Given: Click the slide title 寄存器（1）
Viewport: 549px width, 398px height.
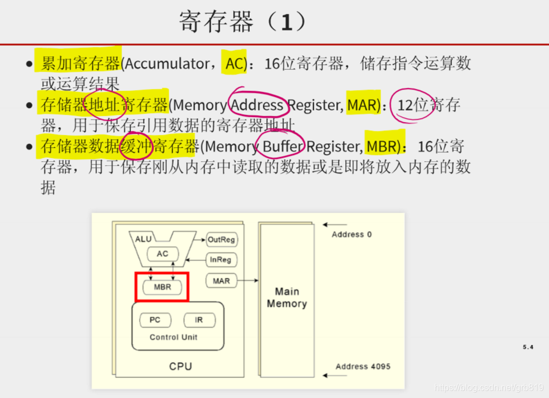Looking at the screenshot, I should pos(243,22).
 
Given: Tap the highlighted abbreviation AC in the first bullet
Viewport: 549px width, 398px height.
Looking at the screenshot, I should pos(235,64).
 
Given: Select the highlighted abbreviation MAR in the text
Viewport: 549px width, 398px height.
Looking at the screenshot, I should pos(363,105).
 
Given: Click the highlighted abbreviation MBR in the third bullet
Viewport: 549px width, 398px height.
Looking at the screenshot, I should pos(383,147).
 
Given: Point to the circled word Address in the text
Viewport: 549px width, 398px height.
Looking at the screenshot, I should pos(257,105).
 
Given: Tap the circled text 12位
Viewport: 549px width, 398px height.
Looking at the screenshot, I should pos(413,105).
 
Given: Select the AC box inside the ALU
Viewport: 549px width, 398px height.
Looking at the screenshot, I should pos(162,254).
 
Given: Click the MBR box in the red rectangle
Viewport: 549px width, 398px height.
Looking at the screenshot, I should pos(162,287).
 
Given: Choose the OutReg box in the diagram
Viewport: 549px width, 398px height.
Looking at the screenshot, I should pos(221,240).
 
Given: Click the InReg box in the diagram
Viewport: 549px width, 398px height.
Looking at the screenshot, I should pos(221,260).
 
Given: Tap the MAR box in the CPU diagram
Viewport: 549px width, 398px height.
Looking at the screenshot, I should pos(221,280).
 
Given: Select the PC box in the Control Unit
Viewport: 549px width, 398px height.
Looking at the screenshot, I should pos(155,320).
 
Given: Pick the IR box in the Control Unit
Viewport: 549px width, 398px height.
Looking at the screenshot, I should pos(199,320).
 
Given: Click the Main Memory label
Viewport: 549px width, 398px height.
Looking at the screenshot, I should pos(287,297).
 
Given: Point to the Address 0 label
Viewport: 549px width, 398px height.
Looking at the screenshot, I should pos(351,234).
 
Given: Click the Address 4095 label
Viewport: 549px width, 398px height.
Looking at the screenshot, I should pos(362,367).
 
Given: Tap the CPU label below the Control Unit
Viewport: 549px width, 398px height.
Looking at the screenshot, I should pos(180,367).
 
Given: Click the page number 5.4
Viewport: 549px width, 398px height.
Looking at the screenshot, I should pos(528,347).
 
